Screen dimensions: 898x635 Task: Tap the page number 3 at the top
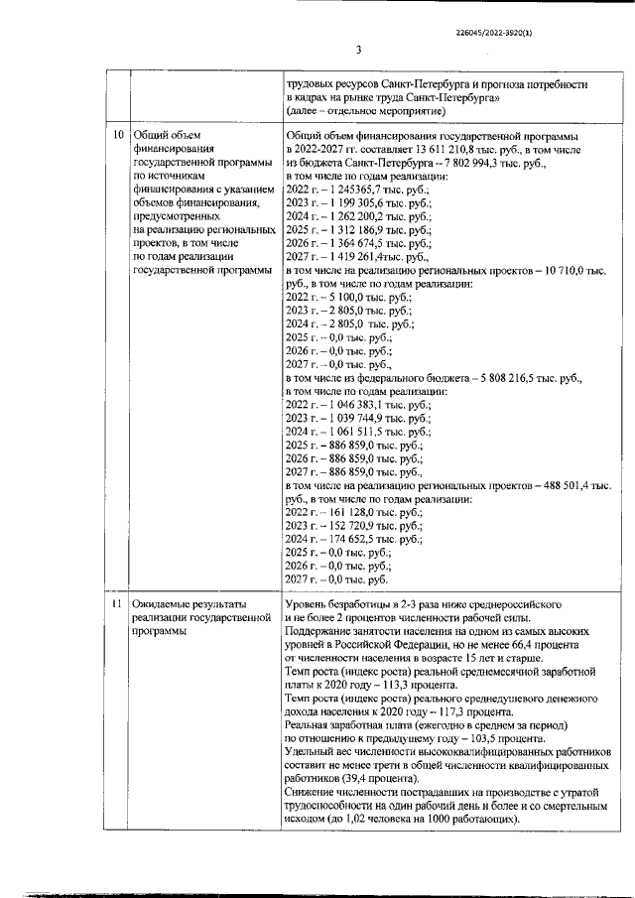click(x=358, y=51)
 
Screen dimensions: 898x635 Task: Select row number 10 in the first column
click(x=118, y=135)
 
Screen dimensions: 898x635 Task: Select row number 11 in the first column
click(x=118, y=603)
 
